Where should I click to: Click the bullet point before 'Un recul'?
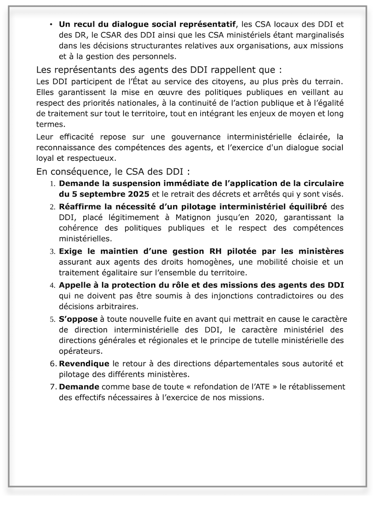click(x=52, y=25)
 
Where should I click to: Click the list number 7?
click(x=53, y=387)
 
